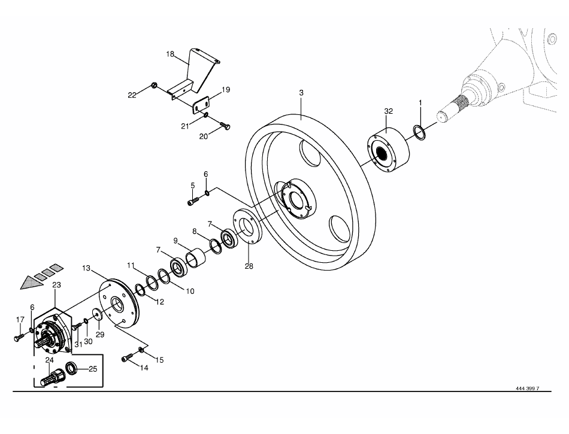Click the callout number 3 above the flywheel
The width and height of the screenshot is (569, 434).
pyautogui.click(x=301, y=93)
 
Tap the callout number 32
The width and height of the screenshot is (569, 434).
pyautogui.click(x=388, y=111)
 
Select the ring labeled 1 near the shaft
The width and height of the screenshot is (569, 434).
pyautogui.click(x=420, y=133)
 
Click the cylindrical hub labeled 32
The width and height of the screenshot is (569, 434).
pyautogui.click(x=388, y=150)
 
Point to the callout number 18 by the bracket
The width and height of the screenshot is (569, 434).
pyautogui.click(x=170, y=54)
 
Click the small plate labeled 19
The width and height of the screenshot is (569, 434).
pyautogui.click(x=201, y=104)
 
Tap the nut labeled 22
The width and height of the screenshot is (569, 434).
pyautogui.click(x=153, y=86)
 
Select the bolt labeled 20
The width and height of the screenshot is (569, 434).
pyautogui.click(x=225, y=126)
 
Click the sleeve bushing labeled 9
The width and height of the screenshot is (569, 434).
pyautogui.click(x=196, y=258)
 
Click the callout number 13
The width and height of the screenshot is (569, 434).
pyautogui.click(x=86, y=268)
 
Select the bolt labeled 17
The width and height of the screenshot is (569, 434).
pyautogui.click(x=19, y=338)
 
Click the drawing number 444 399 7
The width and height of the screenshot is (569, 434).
pyautogui.click(x=528, y=389)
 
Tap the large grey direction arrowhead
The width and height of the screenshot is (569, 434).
pyautogui.click(x=30, y=282)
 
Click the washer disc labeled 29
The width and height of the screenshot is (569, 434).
pyautogui.click(x=97, y=314)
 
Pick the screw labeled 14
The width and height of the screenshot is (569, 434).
pyautogui.click(x=126, y=358)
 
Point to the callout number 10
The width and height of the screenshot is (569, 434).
pyautogui.click(x=190, y=291)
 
